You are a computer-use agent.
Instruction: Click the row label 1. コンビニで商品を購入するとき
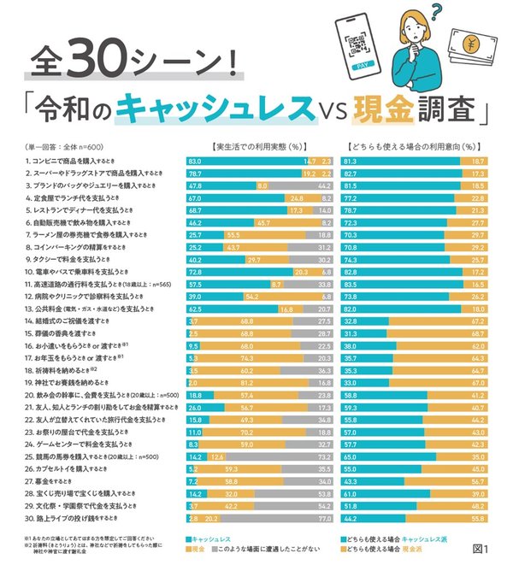pyautogui.click(x=75, y=161)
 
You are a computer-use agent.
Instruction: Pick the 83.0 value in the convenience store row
pyautogui.click(x=194, y=161)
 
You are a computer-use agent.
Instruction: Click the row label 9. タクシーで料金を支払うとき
pyautogui.click(x=71, y=259)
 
